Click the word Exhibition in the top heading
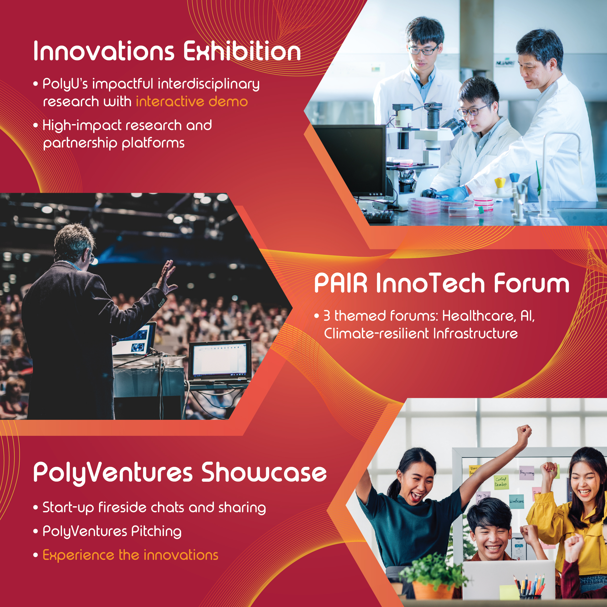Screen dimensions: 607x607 [242, 51]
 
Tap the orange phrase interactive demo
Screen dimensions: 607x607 [192, 101]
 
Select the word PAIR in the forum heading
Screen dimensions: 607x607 [341, 283]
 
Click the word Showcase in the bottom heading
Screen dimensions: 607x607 [264, 472]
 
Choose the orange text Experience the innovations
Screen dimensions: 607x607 [130, 555]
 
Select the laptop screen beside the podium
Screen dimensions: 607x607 [220, 360]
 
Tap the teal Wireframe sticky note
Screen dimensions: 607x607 [516, 502]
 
